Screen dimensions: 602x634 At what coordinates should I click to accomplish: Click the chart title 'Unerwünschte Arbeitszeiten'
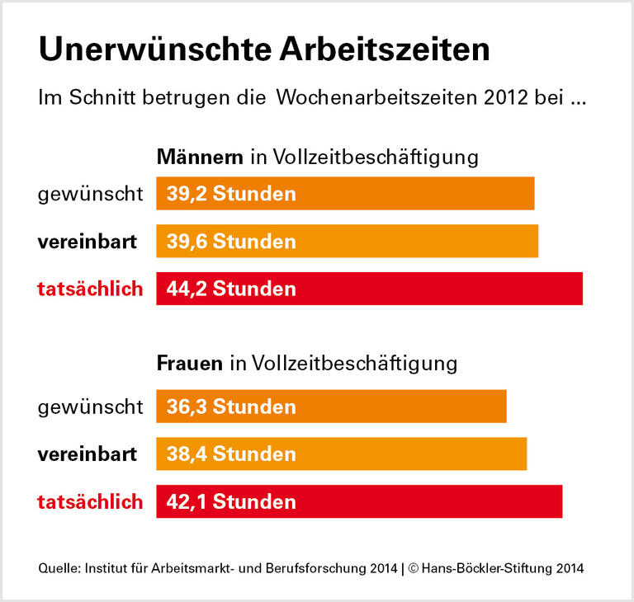tap(264, 49)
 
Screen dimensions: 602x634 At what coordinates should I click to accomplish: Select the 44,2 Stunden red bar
tap(369, 289)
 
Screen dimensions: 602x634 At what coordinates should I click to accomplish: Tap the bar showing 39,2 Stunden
tap(345, 194)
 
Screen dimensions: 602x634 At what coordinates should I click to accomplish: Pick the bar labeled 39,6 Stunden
tap(347, 242)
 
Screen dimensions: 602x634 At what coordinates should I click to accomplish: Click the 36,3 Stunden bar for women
tap(331, 407)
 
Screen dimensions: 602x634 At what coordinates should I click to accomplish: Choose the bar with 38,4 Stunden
tap(341, 454)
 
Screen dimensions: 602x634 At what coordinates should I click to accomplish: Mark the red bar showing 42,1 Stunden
tap(359, 501)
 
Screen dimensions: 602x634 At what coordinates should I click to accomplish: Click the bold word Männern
tap(200, 157)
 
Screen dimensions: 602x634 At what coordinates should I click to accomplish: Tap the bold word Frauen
tap(190, 363)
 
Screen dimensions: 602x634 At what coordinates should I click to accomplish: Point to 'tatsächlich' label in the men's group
tap(90, 289)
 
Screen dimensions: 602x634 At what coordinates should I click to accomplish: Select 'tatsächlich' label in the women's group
tap(90, 501)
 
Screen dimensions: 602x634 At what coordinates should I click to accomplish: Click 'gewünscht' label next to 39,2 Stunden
tap(90, 195)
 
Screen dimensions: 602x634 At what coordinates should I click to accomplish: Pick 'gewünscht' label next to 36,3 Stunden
tap(90, 407)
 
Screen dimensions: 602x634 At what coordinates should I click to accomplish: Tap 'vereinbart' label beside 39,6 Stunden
tap(87, 242)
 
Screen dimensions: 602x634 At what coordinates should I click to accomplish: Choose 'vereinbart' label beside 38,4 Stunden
tap(87, 454)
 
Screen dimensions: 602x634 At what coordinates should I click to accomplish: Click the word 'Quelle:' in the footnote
tap(59, 568)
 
